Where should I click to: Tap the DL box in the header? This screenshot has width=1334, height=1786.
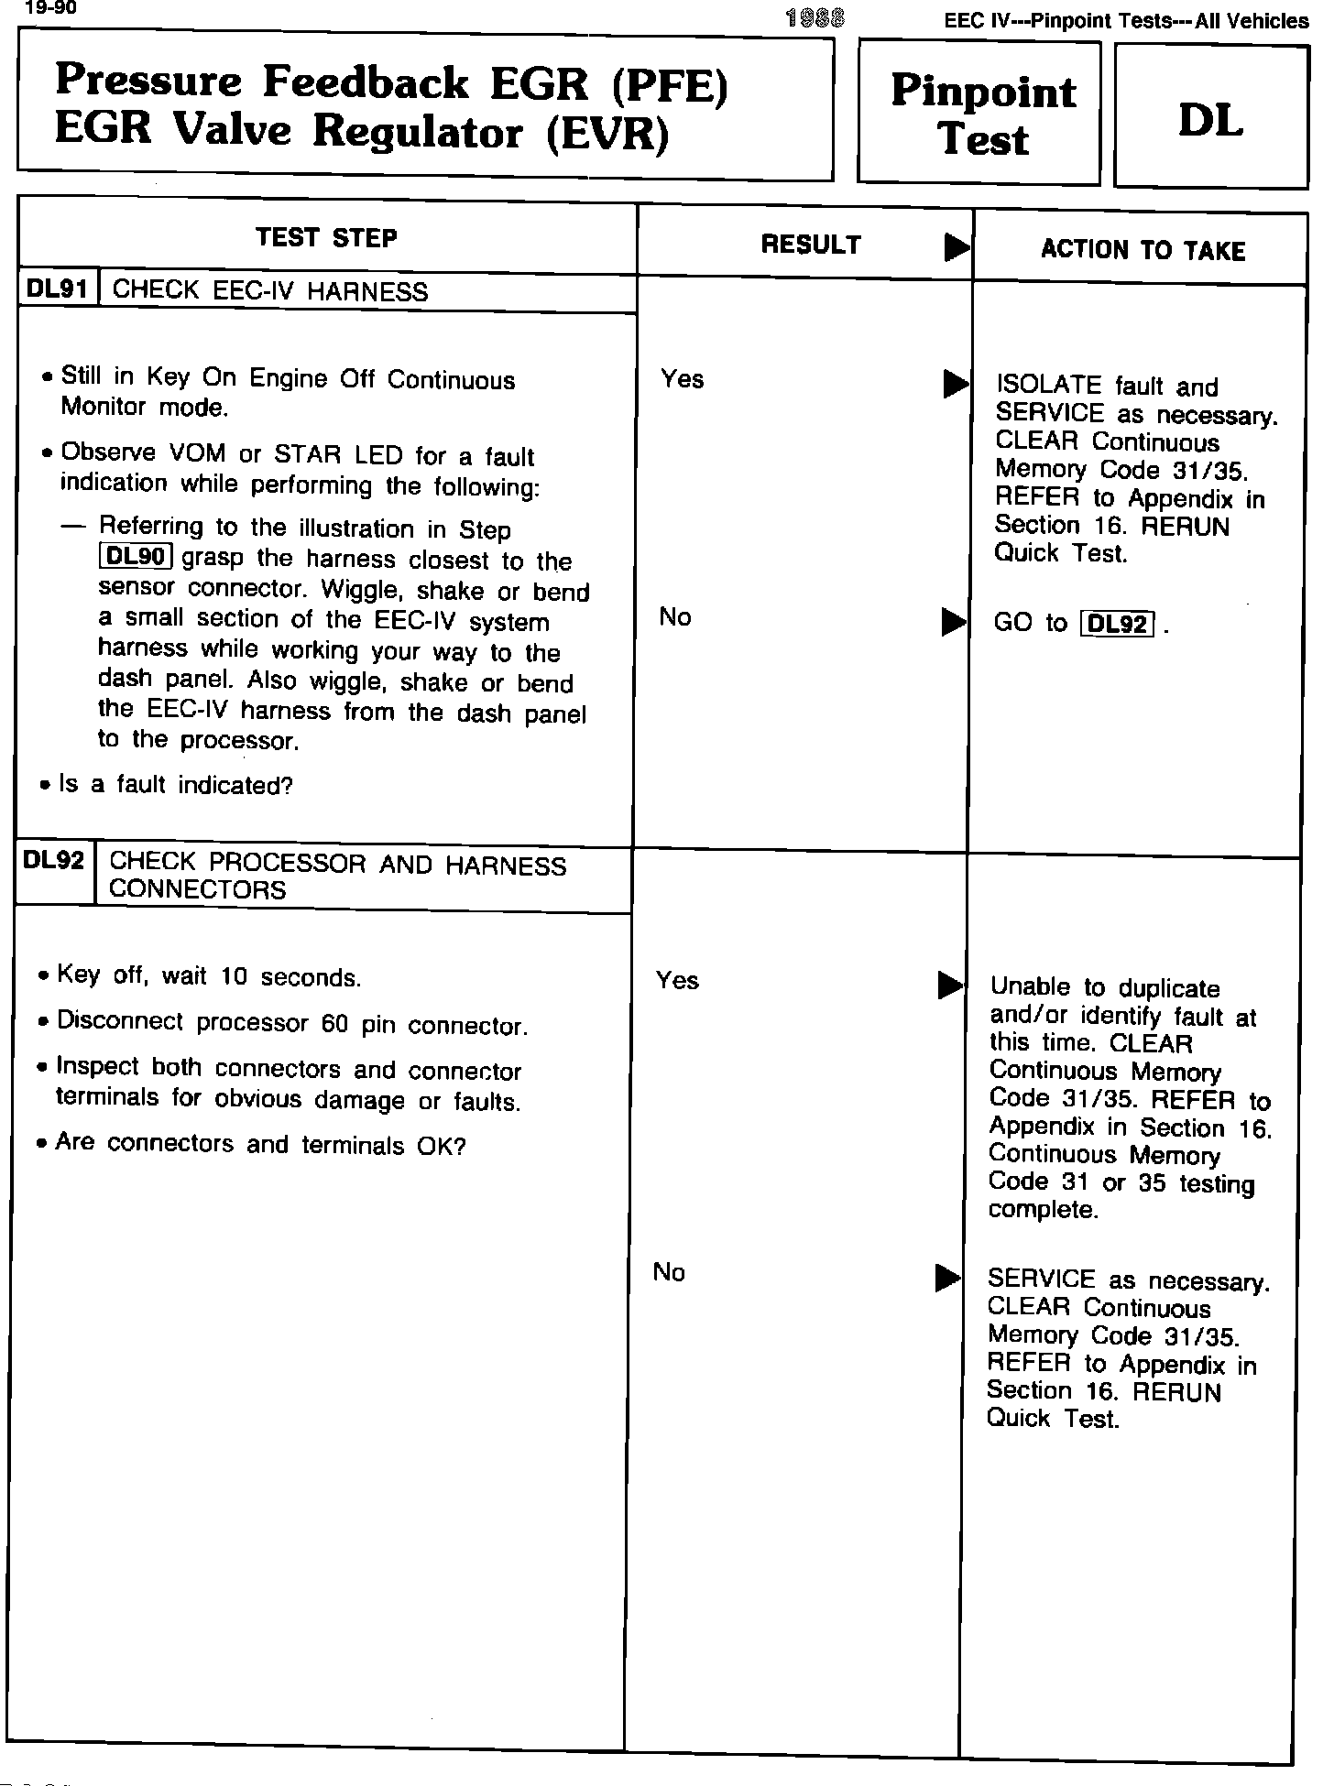coord(1209,118)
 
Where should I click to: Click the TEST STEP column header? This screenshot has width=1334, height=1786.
coord(326,238)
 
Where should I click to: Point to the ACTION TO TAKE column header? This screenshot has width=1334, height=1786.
coord(1143,250)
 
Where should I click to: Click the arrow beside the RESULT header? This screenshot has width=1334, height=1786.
coord(957,246)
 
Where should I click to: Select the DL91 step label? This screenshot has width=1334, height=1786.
coord(58,289)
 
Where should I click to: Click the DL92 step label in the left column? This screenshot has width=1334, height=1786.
coord(54,861)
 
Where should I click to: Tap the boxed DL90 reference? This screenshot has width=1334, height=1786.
coord(136,557)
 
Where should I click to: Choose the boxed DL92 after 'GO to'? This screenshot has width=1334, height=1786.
coord(1116,625)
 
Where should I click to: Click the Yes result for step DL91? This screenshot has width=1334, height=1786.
coord(682,379)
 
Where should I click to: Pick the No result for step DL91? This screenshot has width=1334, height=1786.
coord(675,617)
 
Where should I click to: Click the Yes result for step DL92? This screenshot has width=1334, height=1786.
coord(677,981)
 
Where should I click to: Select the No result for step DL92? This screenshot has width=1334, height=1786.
coord(669,1272)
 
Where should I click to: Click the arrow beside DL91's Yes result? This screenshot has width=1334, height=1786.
coord(955,385)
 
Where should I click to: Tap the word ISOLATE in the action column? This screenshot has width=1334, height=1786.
coord(1048,387)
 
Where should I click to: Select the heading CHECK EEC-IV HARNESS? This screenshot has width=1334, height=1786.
coord(269,291)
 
